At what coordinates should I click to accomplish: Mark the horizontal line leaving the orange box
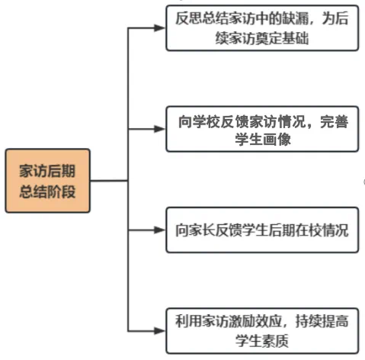pos(108,181)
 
